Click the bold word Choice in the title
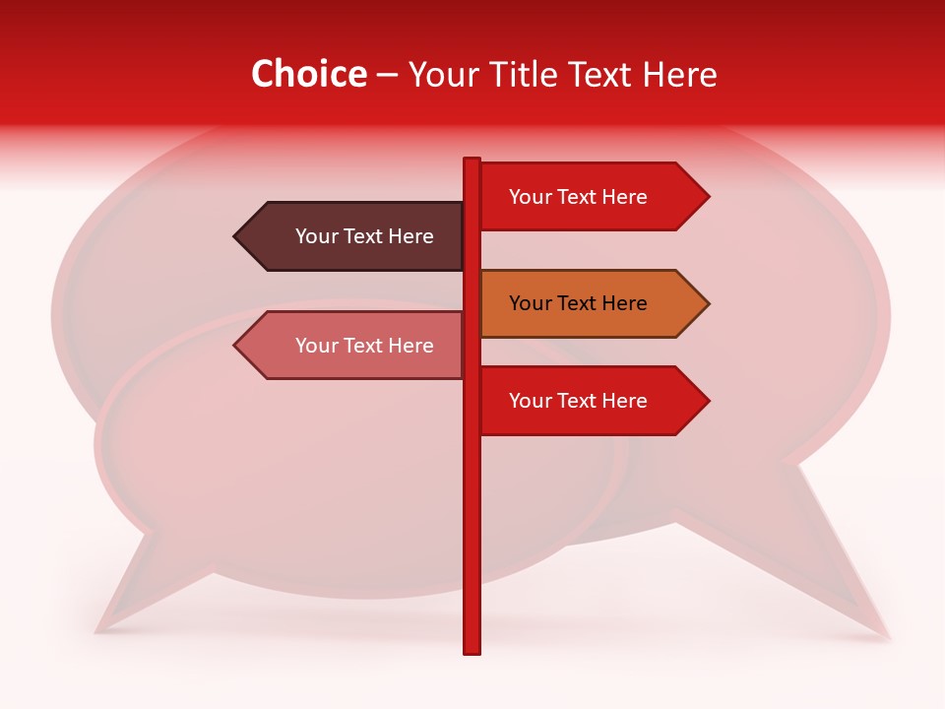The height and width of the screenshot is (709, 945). point(309,74)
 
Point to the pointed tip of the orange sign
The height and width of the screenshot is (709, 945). point(708,303)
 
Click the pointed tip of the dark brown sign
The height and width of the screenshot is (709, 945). point(235,236)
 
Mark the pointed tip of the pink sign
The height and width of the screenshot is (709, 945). point(235,346)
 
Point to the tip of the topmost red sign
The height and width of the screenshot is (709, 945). point(708,197)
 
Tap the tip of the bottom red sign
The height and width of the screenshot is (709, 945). point(708,401)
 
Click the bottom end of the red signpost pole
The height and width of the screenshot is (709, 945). point(472,651)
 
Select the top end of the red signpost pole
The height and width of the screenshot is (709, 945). point(472,160)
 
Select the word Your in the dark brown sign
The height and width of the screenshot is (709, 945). point(317,236)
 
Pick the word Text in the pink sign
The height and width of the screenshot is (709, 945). point(363,346)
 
